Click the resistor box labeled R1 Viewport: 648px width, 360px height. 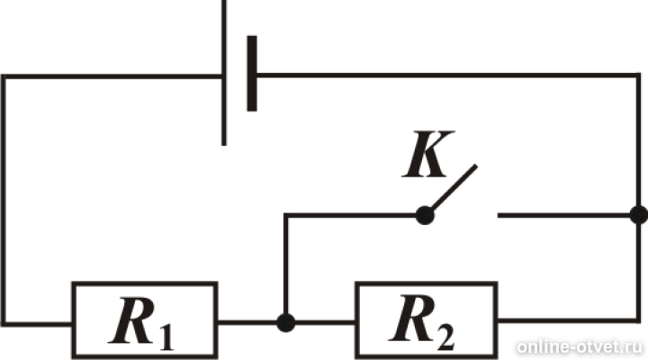pyautogui.click(x=145, y=319)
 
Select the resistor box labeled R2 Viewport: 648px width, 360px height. pyautogui.click(x=427, y=319)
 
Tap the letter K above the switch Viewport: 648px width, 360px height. pyautogui.click(x=428, y=154)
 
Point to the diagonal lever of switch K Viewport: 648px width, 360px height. pyautogui.click(x=454, y=187)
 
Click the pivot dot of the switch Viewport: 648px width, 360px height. pyautogui.click(x=425, y=215)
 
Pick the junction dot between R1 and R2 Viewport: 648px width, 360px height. pyautogui.click(x=285, y=322)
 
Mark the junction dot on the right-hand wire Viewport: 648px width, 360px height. pyautogui.click(x=639, y=215)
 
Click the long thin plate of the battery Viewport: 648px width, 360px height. pyautogui.click(x=224, y=73)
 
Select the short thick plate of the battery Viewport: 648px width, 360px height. pyautogui.click(x=252, y=74)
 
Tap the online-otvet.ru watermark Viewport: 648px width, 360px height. pyautogui.click(x=580, y=346)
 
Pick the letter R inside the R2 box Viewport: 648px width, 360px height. pyautogui.click(x=412, y=319)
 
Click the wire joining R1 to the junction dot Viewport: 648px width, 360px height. pyautogui.click(x=247, y=322)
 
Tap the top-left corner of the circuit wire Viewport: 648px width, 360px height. pyautogui.click(x=4, y=76)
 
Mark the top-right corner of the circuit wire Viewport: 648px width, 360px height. pyautogui.click(x=638, y=76)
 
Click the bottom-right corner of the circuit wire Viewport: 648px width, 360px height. pyautogui.click(x=638, y=320)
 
